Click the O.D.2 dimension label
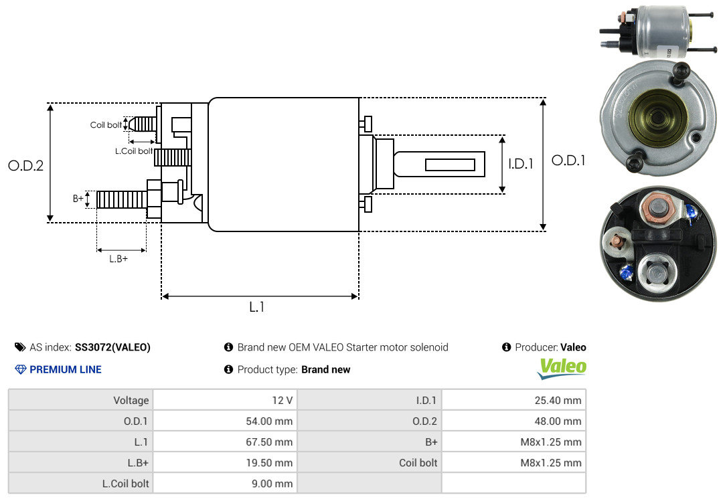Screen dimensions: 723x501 point(26,165)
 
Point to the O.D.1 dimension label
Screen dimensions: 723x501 point(568,161)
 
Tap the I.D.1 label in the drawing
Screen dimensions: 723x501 point(521,164)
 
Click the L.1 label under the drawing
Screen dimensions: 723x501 point(257,307)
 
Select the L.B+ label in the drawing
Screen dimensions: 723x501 point(118,259)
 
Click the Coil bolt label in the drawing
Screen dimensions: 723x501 point(106,125)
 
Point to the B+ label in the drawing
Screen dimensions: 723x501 point(78,199)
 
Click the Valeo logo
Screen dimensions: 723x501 point(562,369)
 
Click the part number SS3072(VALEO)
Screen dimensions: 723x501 point(112,348)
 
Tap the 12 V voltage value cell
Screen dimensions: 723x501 point(225,400)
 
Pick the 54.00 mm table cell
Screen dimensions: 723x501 point(225,421)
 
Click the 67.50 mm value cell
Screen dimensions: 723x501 point(225,441)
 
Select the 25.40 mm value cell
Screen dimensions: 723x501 point(513,400)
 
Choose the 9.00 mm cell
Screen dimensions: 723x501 point(225,483)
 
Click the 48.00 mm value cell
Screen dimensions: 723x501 point(513,421)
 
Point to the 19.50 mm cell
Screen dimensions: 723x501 point(225,462)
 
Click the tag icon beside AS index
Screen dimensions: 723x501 point(20,347)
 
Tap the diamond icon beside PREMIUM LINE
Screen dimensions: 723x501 point(21,369)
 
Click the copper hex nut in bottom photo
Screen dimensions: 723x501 point(658,210)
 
